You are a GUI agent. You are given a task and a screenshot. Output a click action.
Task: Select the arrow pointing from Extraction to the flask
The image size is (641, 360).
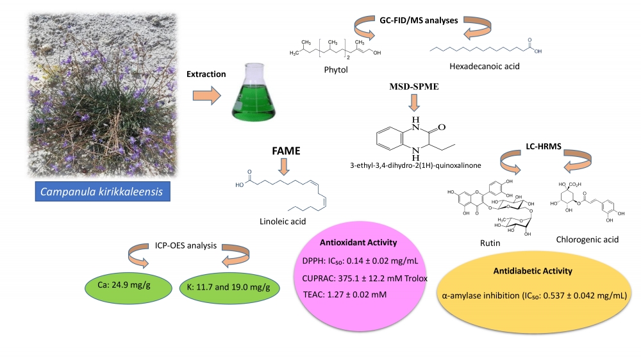tap(206, 97)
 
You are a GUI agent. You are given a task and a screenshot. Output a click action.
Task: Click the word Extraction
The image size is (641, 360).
tap(206, 74)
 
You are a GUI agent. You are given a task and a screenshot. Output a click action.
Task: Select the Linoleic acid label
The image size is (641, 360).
tap(283, 222)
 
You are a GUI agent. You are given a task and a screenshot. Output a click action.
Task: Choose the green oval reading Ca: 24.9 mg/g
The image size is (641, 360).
tap(122, 286)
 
